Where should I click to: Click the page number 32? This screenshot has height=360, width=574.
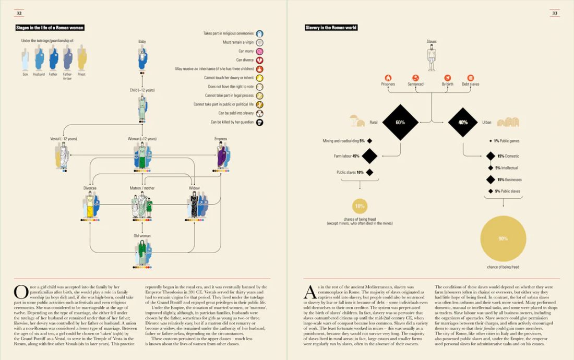[x=19, y=13]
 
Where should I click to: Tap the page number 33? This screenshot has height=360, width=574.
[x=555, y=13]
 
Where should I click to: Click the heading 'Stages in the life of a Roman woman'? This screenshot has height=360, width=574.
[x=53, y=28]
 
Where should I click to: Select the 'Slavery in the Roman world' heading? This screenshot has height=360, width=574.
[x=331, y=28]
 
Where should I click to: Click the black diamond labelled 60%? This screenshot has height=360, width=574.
[x=400, y=123]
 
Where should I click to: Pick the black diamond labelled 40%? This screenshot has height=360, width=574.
[x=463, y=123]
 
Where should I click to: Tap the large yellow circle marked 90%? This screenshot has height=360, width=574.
[x=503, y=238]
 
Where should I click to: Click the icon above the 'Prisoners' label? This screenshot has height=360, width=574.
[x=388, y=77]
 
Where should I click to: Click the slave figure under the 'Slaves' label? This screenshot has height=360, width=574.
[x=432, y=57]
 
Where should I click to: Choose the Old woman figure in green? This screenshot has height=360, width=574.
[x=142, y=253]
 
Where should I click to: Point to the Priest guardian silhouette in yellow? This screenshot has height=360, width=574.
[x=81, y=58]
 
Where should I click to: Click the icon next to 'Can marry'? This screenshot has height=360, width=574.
[x=259, y=51]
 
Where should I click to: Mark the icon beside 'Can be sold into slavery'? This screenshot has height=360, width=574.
[x=259, y=113]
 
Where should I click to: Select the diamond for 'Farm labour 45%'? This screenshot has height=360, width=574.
[x=369, y=156]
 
